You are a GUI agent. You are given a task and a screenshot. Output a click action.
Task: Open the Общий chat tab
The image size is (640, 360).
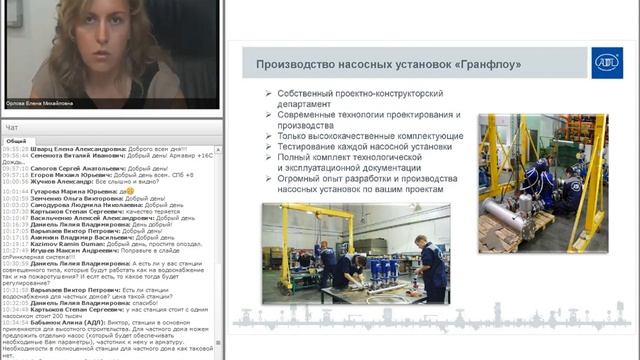pos(16,142)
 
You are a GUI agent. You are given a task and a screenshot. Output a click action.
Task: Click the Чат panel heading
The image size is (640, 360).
pos(12,128)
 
